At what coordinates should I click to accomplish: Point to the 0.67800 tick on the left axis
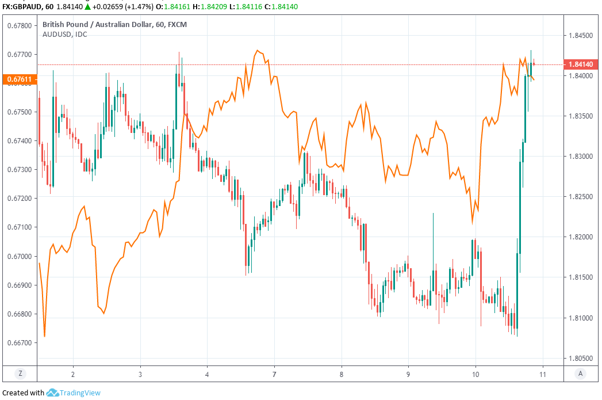[20, 25]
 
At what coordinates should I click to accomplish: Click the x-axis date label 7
[274, 374]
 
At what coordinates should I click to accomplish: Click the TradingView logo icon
[52, 393]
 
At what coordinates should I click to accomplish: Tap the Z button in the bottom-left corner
[20, 374]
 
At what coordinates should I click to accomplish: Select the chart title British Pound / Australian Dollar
[98, 25]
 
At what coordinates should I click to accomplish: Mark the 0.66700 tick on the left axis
[20, 343]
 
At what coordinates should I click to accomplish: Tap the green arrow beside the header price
[88, 6]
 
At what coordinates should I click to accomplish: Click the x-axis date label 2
[73, 374]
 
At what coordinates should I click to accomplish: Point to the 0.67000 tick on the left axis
[20, 256]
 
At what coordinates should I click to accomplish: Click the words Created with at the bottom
[24, 393]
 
